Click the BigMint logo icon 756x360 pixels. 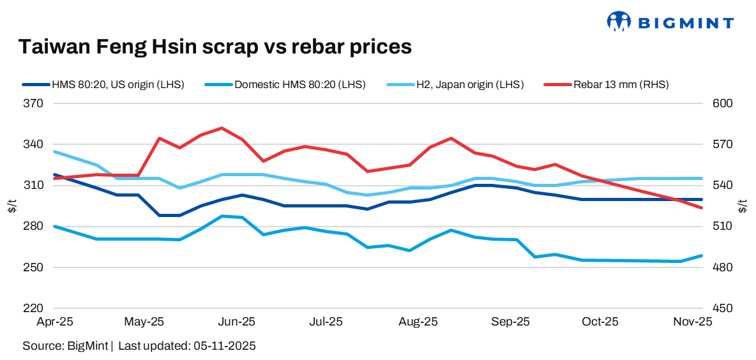[618, 21]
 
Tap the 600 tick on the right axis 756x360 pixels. [715, 103]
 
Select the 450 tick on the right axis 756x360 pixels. [715, 308]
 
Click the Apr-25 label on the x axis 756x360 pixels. [54, 322]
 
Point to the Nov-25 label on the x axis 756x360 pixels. [693, 322]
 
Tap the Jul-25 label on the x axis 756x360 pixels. [326, 322]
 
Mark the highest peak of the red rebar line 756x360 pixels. [222, 128]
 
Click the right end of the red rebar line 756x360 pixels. [702, 207]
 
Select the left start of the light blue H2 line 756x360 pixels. [55, 152]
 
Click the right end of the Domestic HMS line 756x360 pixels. [702, 256]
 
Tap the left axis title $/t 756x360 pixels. [11, 206]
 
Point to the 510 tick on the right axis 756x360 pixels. [715, 227]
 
